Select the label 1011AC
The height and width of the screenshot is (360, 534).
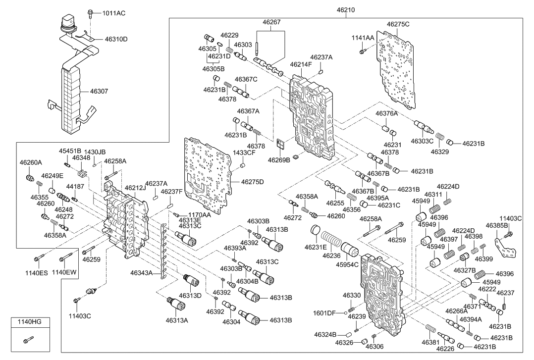[x=114, y=13]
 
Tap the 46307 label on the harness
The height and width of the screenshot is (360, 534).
[x=102, y=91]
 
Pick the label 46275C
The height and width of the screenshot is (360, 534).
[x=398, y=24]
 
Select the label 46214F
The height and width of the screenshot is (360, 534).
[x=301, y=64]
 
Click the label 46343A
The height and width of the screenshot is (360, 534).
[x=143, y=272]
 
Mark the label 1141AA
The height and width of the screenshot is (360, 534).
[x=363, y=38]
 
